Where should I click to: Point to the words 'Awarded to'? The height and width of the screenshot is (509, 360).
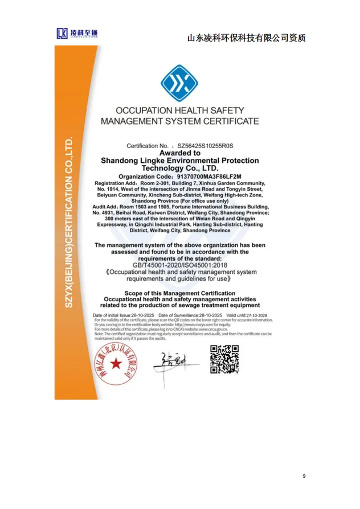[x=179, y=153]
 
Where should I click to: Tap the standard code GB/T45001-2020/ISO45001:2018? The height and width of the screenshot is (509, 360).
[x=179, y=265]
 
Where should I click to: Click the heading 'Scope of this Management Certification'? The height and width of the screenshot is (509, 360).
[x=179, y=293]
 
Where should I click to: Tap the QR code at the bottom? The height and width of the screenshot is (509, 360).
[x=224, y=359]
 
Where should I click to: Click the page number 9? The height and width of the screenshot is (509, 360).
[x=304, y=475]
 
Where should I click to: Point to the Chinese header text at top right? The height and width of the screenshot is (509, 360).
[x=246, y=38]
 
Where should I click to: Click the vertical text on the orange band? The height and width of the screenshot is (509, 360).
[x=68, y=222]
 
